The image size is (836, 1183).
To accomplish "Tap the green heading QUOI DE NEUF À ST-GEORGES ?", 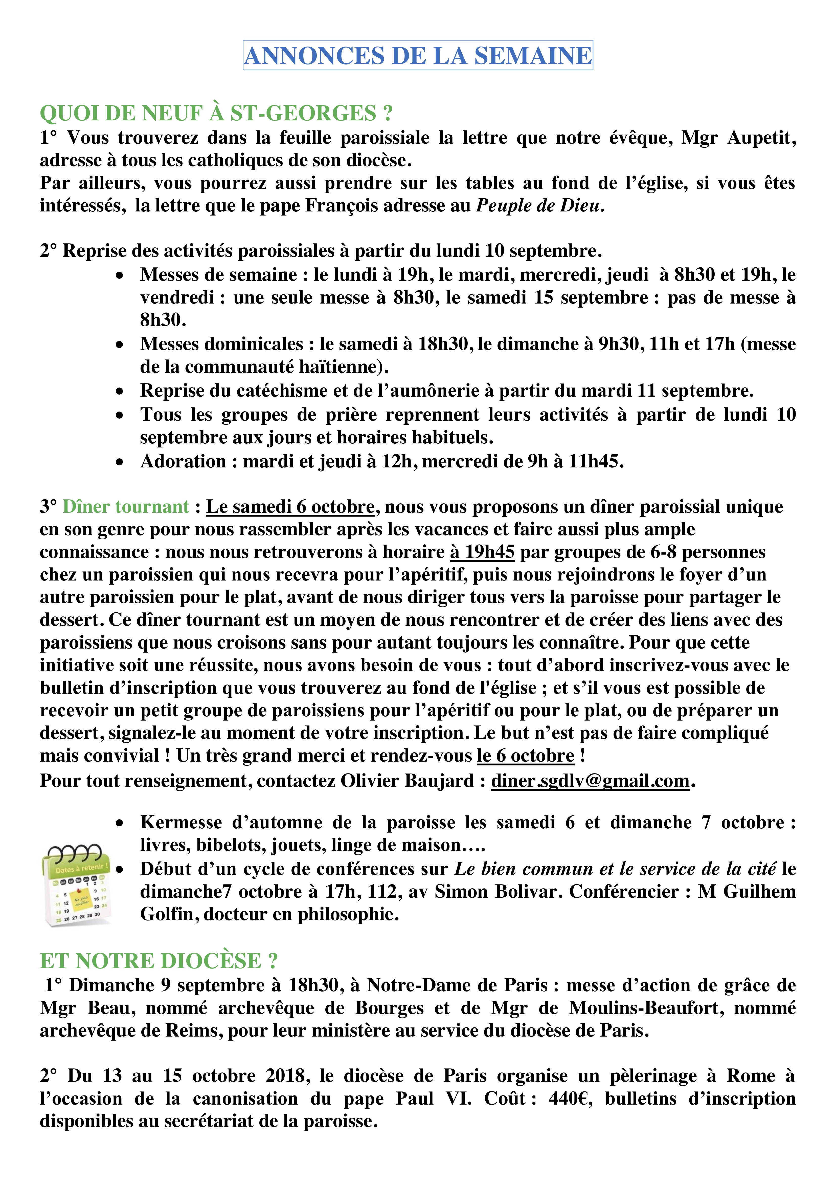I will tap(216, 113).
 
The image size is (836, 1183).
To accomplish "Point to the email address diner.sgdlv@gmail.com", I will tap(590, 781).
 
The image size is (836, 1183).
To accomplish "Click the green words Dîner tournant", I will tap(126, 506).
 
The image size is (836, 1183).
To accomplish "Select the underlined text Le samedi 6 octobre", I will tap(290, 506).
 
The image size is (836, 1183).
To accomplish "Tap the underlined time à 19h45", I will tap(482, 552).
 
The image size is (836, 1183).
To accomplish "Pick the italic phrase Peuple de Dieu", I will tap(539, 206).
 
